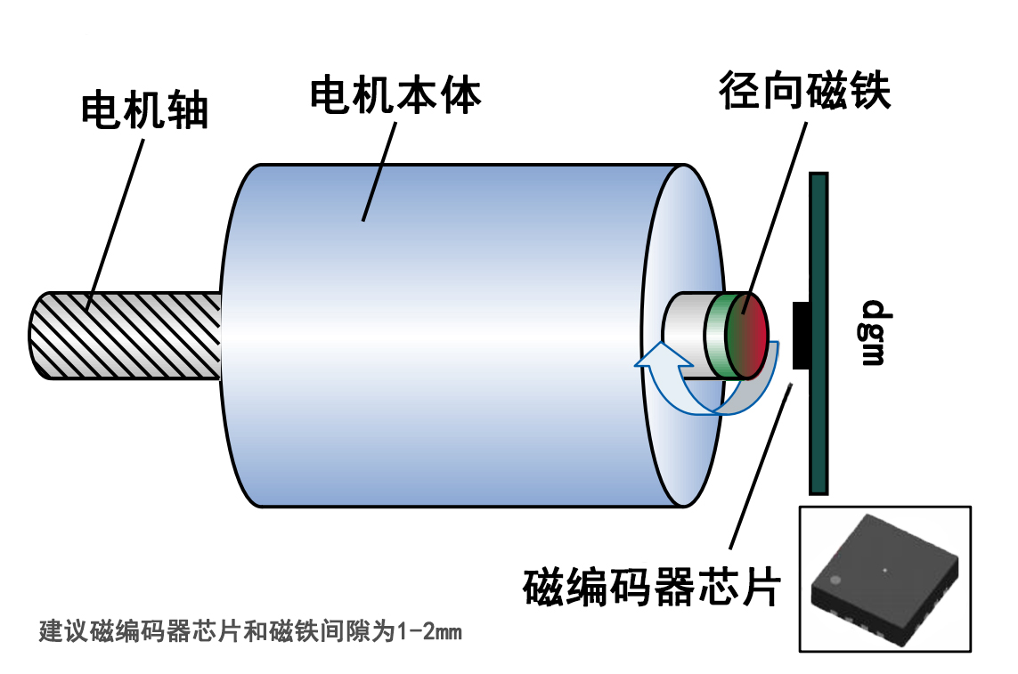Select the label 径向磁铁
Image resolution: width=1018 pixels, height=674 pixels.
806,92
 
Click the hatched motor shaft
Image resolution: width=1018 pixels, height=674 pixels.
125,335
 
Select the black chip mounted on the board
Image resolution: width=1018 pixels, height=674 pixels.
801,335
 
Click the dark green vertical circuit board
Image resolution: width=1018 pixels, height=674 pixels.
818,418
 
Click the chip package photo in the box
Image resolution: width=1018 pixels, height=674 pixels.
885,579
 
